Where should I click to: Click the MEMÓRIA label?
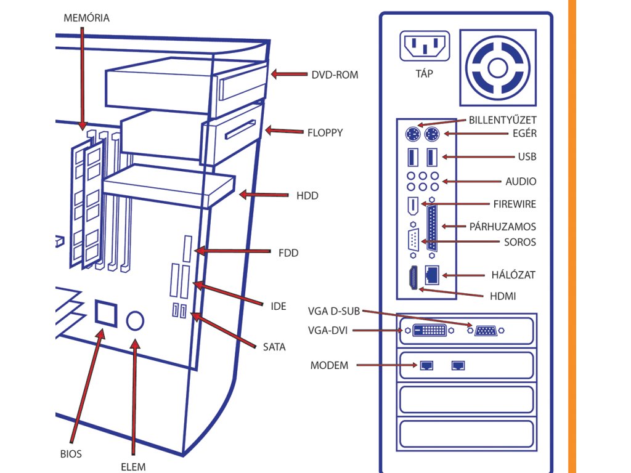[86, 18]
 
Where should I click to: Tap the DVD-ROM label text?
[335, 75]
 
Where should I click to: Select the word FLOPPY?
[325, 133]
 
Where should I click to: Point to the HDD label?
[307, 196]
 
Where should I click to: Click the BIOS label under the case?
[71, 454]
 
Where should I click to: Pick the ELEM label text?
[133, 467]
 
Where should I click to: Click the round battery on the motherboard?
[135, 320]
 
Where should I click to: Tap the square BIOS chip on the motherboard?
[106, 313]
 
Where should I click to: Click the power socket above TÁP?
[425, 46]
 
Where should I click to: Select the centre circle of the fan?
[497, 68]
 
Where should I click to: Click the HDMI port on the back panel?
[413, 278]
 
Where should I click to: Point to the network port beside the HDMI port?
[432, 275]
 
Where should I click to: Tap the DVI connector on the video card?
[429, 331]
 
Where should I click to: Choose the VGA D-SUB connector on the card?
[486, 331]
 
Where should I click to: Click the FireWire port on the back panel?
[413, 206]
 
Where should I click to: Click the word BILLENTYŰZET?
[503, 120]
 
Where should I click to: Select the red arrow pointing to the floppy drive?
[284, 131]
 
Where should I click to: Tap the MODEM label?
[329, 366]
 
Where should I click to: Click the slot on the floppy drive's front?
[240, 129]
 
